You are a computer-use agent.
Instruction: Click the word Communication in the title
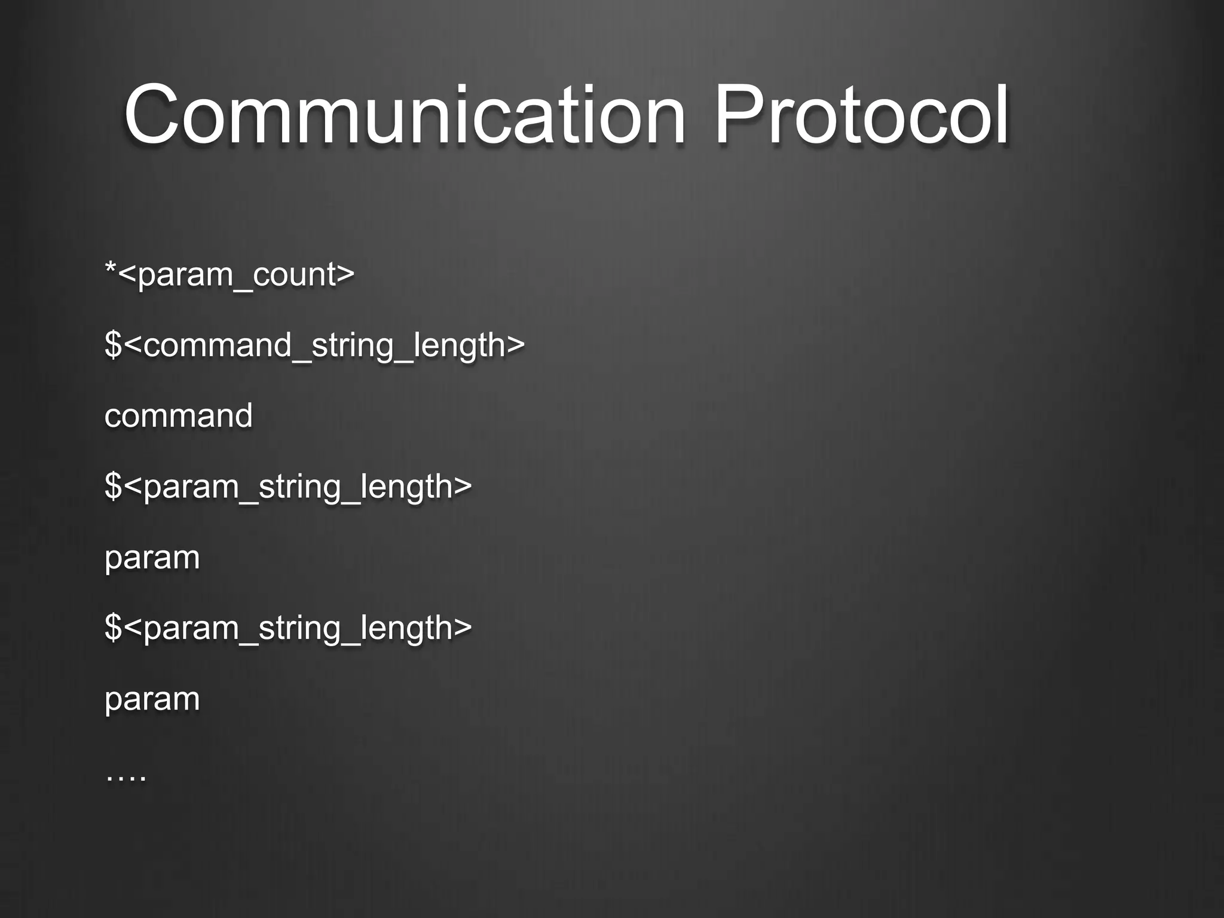[x=404, y=115]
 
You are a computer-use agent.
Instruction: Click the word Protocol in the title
[x=861, y=115]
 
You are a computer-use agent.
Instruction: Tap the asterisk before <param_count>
[x=111, y=267]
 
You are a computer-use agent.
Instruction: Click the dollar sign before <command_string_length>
[x=113, y=345]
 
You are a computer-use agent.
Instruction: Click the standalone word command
[x=178, y=415]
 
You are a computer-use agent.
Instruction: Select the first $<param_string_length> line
[x=288, y=486]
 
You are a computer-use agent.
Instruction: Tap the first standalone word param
[x=152, y=558]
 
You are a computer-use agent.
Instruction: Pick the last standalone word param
[x=152, y=699]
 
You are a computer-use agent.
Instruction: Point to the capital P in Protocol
[x=739, y=115]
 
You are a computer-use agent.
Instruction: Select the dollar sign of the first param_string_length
[x=113, y=486]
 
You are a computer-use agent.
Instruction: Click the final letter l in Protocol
[x=1002, y=115]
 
